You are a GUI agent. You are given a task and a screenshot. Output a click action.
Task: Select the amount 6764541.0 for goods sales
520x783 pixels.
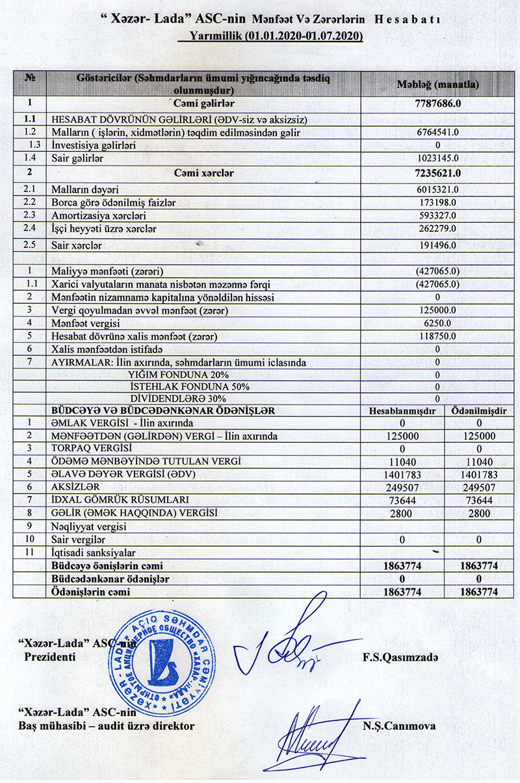437,132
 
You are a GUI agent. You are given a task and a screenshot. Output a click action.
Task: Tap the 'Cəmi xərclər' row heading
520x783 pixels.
203,173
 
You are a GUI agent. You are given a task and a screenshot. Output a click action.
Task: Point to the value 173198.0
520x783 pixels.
437,202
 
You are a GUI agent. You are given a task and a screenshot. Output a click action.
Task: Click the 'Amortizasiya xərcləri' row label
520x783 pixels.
98,215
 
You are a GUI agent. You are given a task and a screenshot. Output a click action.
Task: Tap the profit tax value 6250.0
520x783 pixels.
437,324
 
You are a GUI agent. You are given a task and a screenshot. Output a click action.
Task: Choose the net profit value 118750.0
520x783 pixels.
437,337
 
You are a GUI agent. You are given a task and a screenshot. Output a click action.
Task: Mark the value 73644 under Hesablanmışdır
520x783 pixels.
401,501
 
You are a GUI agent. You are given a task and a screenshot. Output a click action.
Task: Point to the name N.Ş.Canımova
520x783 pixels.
399,726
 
